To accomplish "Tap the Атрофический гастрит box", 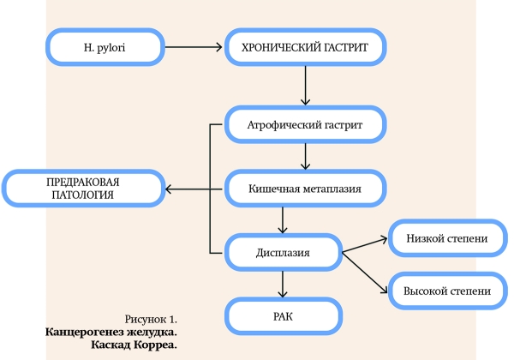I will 304,126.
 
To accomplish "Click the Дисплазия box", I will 283,252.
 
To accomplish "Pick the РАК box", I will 283,315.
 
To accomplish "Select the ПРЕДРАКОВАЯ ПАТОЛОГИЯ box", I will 82,189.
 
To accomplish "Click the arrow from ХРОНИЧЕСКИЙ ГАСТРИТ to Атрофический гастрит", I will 304,87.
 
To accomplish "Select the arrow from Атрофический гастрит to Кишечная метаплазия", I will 304,157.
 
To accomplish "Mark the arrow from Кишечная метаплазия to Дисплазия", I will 283,220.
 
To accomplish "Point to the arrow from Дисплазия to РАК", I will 283,284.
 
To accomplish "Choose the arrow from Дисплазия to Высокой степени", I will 364,270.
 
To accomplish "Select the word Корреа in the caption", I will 158,345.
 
